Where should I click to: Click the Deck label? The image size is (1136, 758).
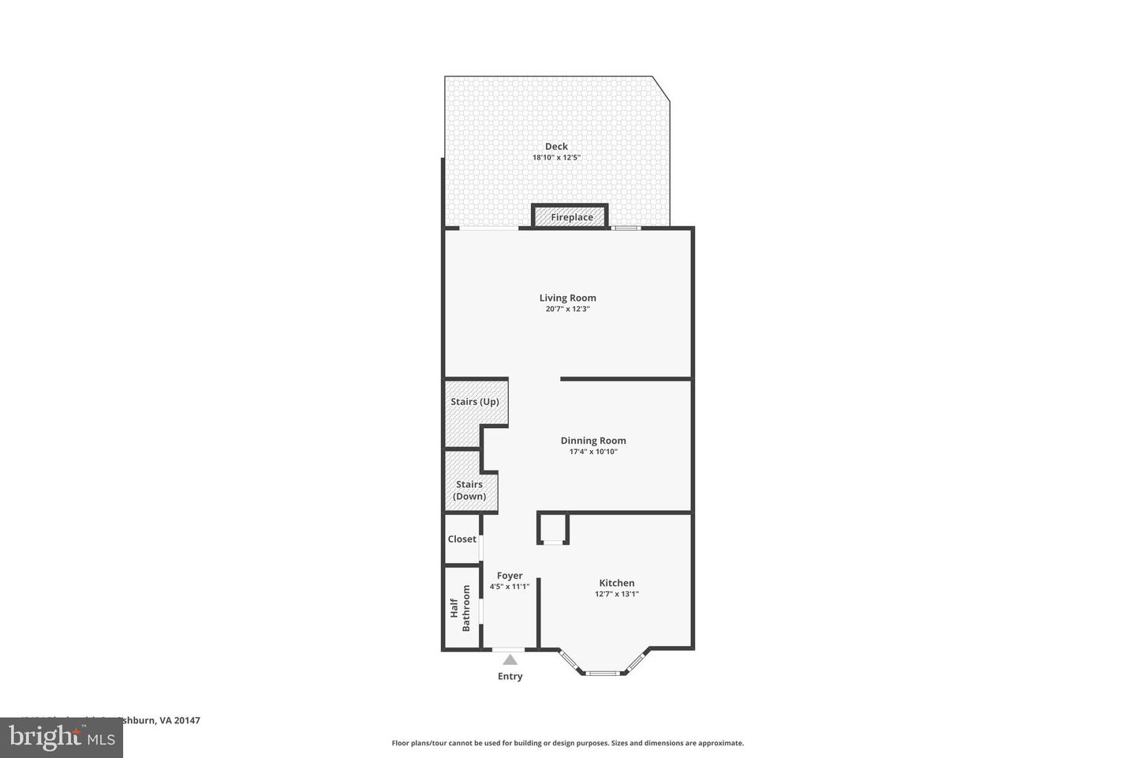click(556, 146)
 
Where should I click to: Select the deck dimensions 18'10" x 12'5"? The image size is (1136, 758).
click(556, 158)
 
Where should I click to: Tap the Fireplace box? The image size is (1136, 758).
click(571, 217)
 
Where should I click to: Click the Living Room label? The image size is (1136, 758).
click(567, 298)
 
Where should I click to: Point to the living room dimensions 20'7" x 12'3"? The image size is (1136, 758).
click(567, 310)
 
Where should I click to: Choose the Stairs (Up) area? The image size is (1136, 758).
click(474, 402)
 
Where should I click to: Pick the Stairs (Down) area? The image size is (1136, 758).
click(469, 490)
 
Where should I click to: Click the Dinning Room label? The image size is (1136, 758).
click(593, 441)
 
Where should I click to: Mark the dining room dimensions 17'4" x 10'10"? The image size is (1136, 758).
click(593, 452)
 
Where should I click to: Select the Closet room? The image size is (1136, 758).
click(462, 539)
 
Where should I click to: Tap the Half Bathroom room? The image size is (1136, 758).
click(461, 608)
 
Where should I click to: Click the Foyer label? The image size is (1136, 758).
click(510, 576)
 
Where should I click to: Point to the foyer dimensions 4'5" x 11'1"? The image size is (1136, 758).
click(510, 587)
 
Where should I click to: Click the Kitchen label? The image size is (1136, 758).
click(616, 583)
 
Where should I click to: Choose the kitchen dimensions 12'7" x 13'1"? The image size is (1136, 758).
click(616, 595)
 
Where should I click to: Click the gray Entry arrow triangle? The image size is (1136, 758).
click(510, 660)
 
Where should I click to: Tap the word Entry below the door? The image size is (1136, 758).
click(510, 677)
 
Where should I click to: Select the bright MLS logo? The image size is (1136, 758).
click(62, 737)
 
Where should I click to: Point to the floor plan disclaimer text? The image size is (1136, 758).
click(567, 743)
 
